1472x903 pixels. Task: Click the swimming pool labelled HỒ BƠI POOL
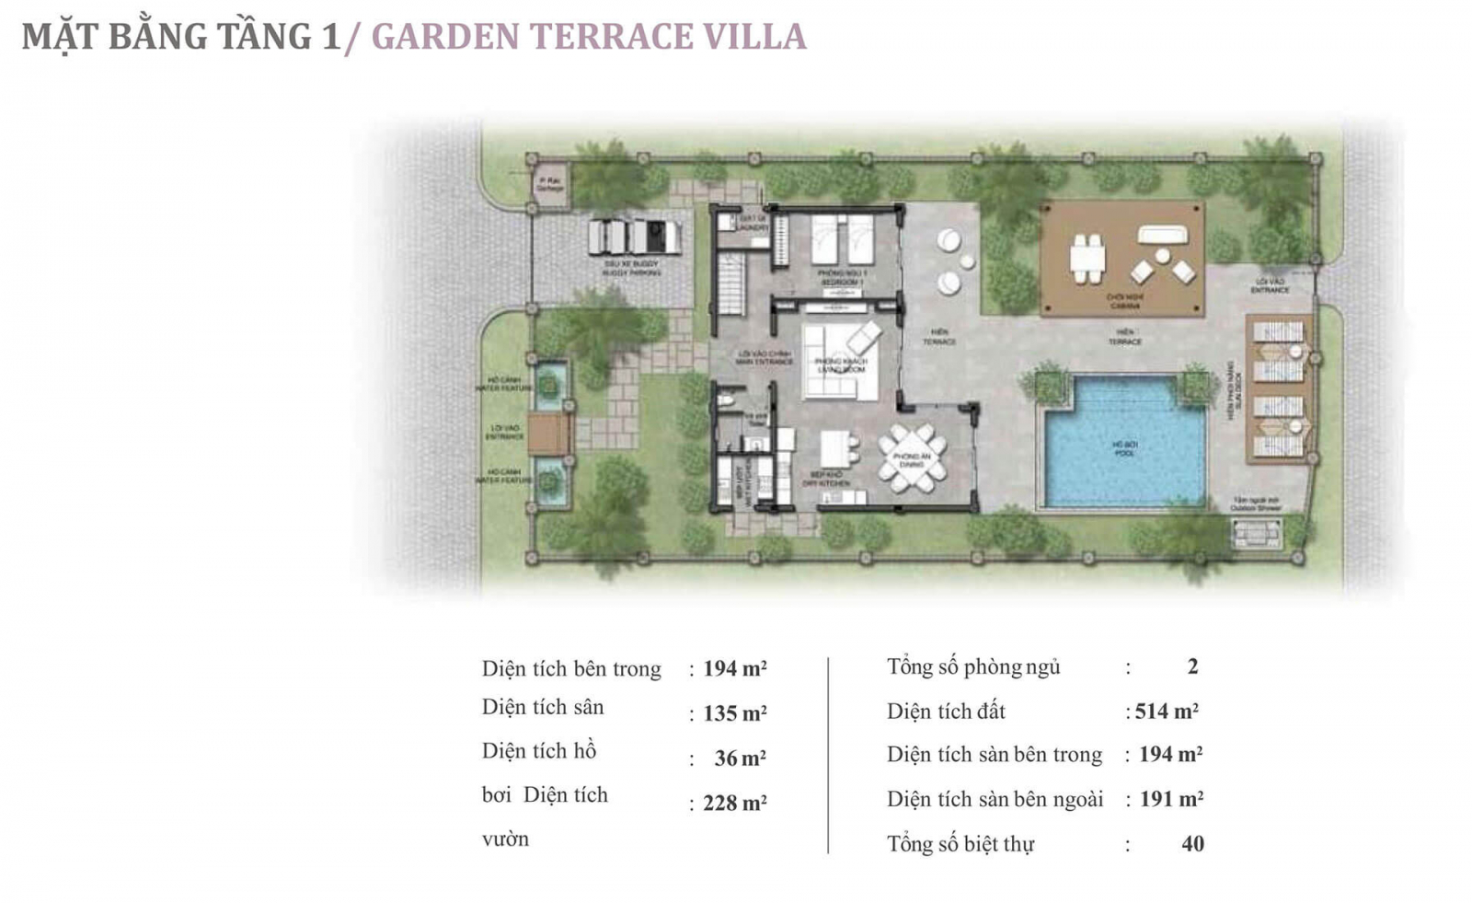1124,446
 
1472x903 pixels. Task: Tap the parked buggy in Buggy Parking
635,237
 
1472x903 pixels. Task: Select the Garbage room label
549,183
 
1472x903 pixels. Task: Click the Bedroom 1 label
842,276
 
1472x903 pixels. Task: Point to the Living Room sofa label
841,365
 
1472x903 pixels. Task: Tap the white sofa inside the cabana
1162,236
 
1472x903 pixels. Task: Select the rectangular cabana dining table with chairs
1087,259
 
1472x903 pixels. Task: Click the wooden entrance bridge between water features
550,433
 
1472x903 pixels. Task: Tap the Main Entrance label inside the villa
764,357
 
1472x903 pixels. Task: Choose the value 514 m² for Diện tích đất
1166,712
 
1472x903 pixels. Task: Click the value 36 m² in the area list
740,758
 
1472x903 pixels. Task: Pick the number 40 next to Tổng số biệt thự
1192,844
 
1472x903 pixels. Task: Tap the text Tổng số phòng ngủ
972,667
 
